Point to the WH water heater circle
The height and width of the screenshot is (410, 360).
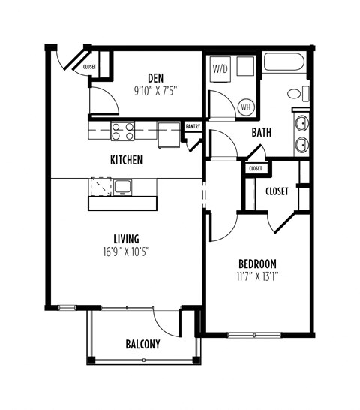pyautogui.click(x=245, y=107)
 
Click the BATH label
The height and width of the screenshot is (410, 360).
pyautogui.click(x=261, y=133)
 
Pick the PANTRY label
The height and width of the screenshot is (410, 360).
pyautogui.click(x=193, y=127)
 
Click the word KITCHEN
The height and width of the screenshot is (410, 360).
pyautogui.click(x=126, y=160)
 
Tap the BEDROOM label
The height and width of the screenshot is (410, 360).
pyautogui.click(x=257, y=263)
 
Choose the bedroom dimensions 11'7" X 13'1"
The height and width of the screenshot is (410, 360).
pyautogui.click(x=257, y=275)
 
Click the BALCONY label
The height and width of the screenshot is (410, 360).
pyautogui.click(x=142, y=345)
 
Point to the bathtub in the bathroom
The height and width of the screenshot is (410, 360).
pyautogui.click(x=284, y=64)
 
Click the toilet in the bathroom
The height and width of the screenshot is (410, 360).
pyautogui.click(x=297, y=94)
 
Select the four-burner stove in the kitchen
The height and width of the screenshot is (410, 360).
pyautogui.click(x=123, y=131)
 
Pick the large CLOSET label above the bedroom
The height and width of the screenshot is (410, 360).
pyautogui.click(x=277, y=191)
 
